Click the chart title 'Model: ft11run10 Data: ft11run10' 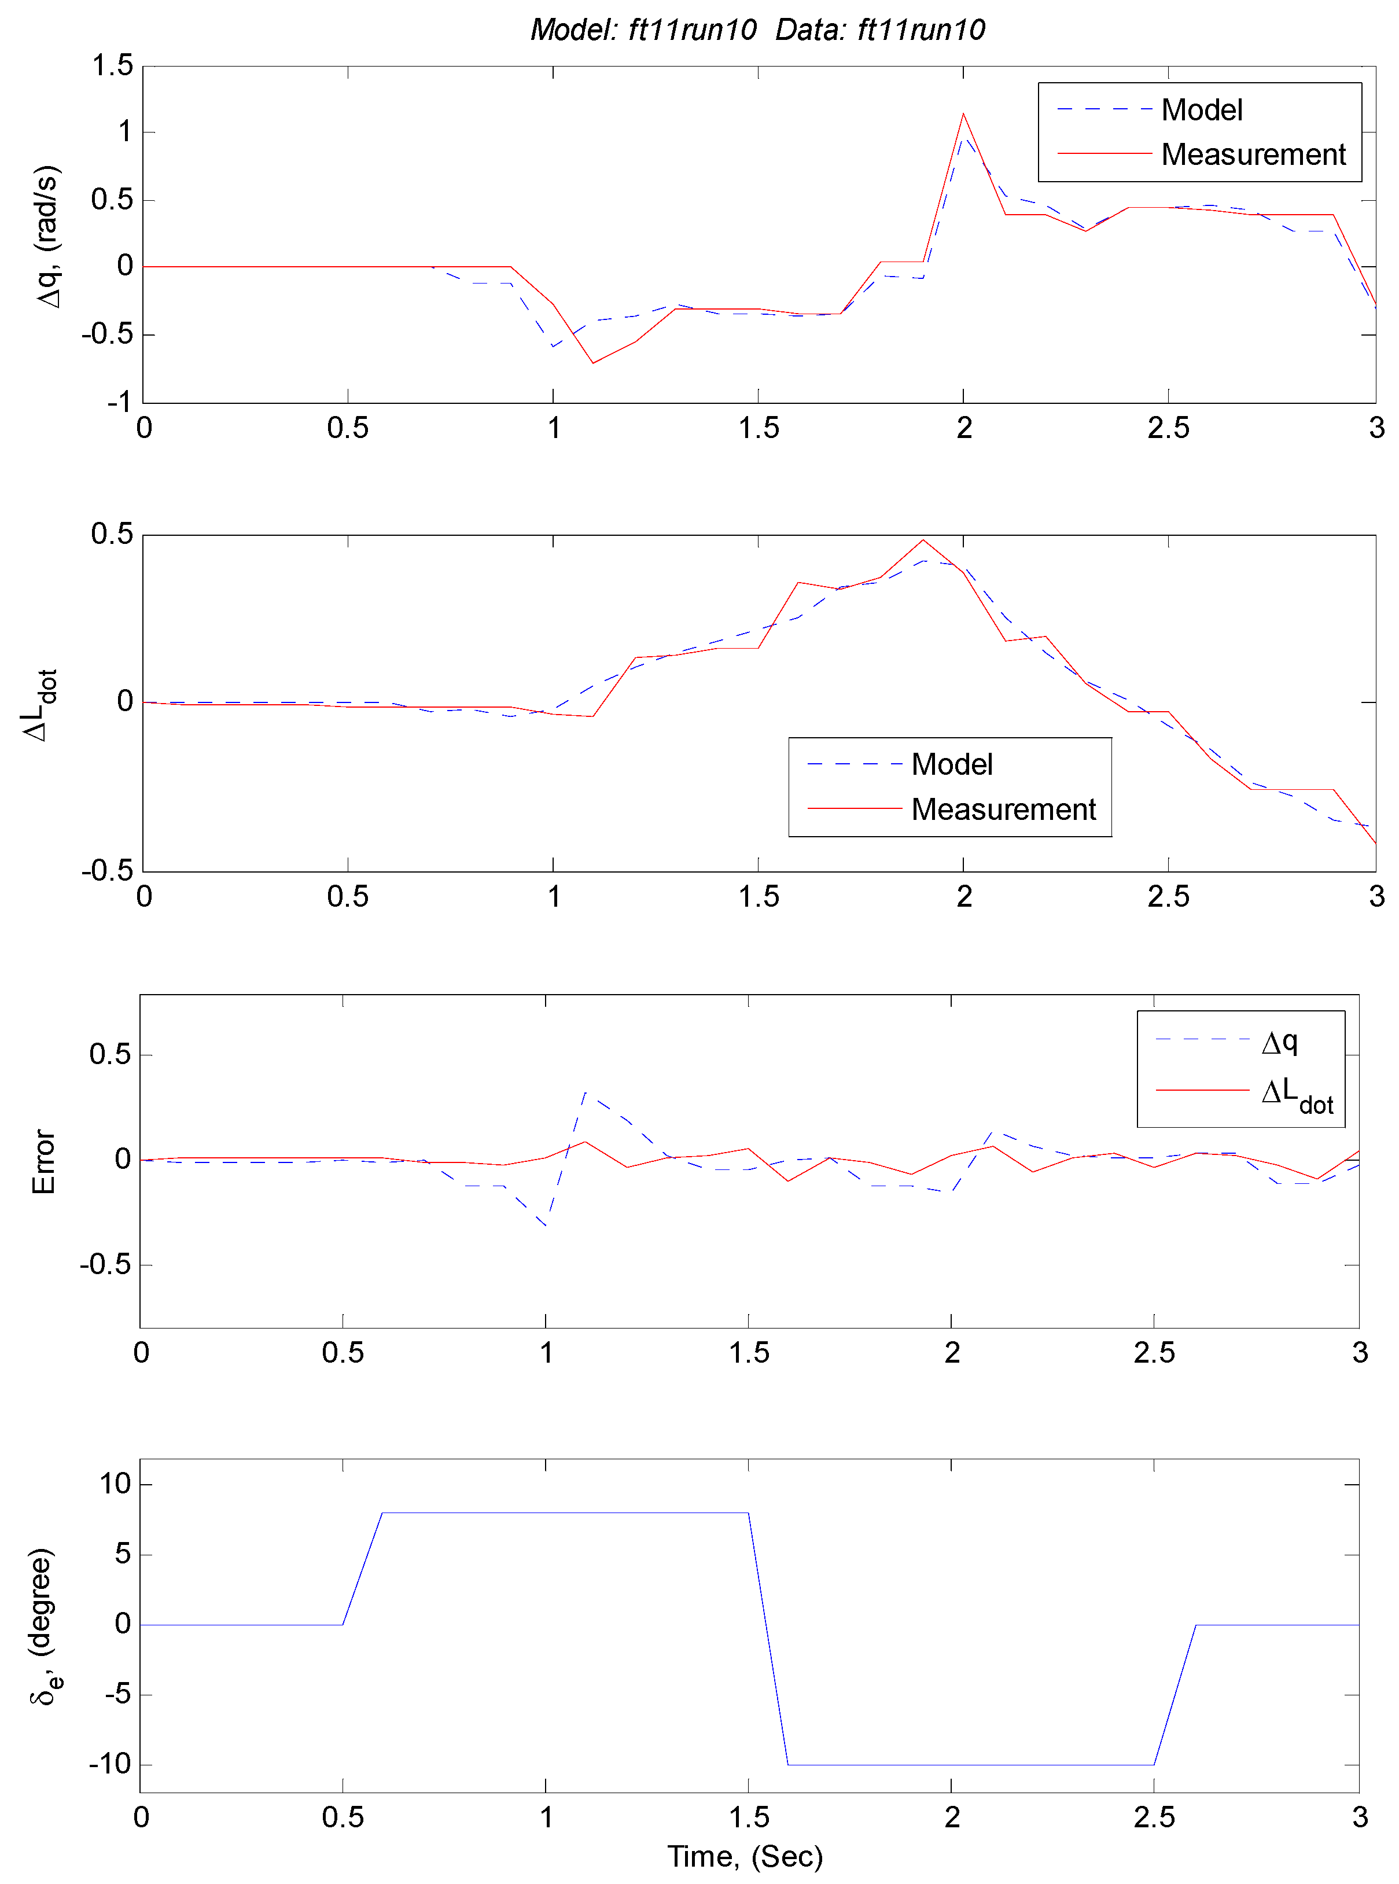point(757,30)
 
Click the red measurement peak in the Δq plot point(963,115)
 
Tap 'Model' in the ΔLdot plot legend point(951,764)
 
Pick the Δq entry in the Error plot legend point(1279,1042)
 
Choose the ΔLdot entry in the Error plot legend point(1295,1094)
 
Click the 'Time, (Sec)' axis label point(745,1856)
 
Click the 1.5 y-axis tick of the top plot point(113,65)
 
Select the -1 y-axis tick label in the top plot point(119,402)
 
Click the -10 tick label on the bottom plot point(110,1765)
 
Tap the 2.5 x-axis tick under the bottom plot point(1154,1817)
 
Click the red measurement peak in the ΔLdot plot point(923,540)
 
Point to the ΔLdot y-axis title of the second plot point(39,705)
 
